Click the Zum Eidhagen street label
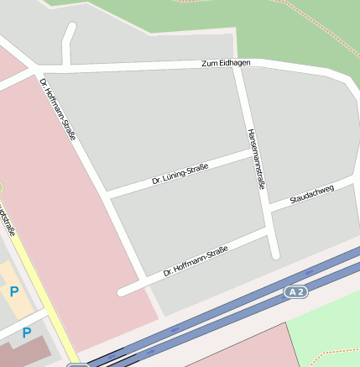coord(226,64)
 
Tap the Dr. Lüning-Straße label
coord(180,175)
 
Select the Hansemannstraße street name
coord(257,159)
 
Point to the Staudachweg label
coord(311,195)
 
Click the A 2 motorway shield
coord(294,291)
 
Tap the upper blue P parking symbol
coord(13,291)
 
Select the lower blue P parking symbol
coord(27,333)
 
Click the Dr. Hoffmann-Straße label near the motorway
coord(196,260)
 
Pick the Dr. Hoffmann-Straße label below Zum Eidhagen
coord(58,108)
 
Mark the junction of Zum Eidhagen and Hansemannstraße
coord(237,65)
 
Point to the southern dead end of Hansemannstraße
coord(274,254)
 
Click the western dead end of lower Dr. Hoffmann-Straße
coord(123,292)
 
